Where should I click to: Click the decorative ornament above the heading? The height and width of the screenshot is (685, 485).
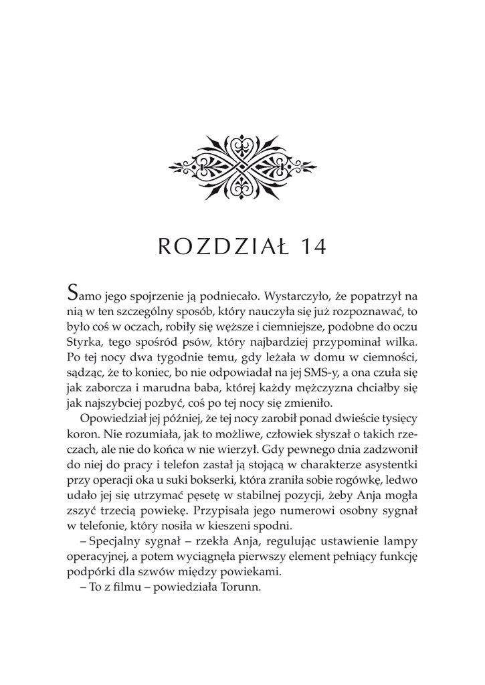tap(242, 163)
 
